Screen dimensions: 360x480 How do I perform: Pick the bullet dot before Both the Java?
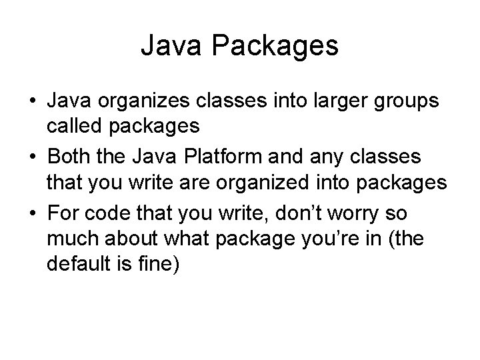(x=32, y=157)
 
